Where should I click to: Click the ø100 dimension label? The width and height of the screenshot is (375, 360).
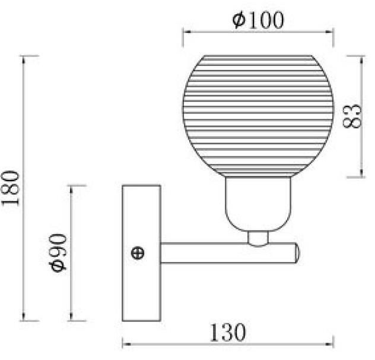258,20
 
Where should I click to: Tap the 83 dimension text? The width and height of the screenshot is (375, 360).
352,116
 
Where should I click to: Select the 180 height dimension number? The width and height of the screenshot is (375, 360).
10,188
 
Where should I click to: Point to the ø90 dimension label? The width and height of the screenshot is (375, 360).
58,252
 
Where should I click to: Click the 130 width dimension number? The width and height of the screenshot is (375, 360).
227,333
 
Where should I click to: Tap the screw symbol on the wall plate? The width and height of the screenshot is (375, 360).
138,253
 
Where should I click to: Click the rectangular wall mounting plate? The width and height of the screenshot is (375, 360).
141,253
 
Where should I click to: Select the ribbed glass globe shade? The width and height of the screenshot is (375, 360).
258,116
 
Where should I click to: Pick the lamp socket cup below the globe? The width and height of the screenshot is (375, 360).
258,204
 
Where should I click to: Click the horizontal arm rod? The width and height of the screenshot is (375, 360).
228,253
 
